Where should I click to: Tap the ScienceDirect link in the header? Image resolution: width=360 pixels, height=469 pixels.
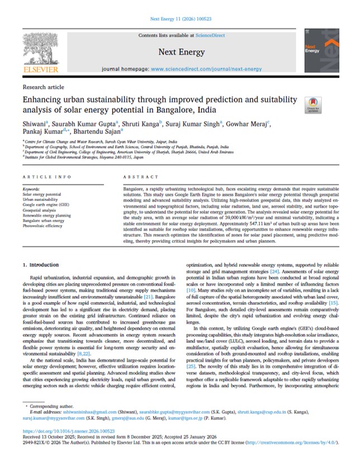(x=210, y=35)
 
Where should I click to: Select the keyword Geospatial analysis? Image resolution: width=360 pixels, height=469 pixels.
(x=44, y=209)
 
